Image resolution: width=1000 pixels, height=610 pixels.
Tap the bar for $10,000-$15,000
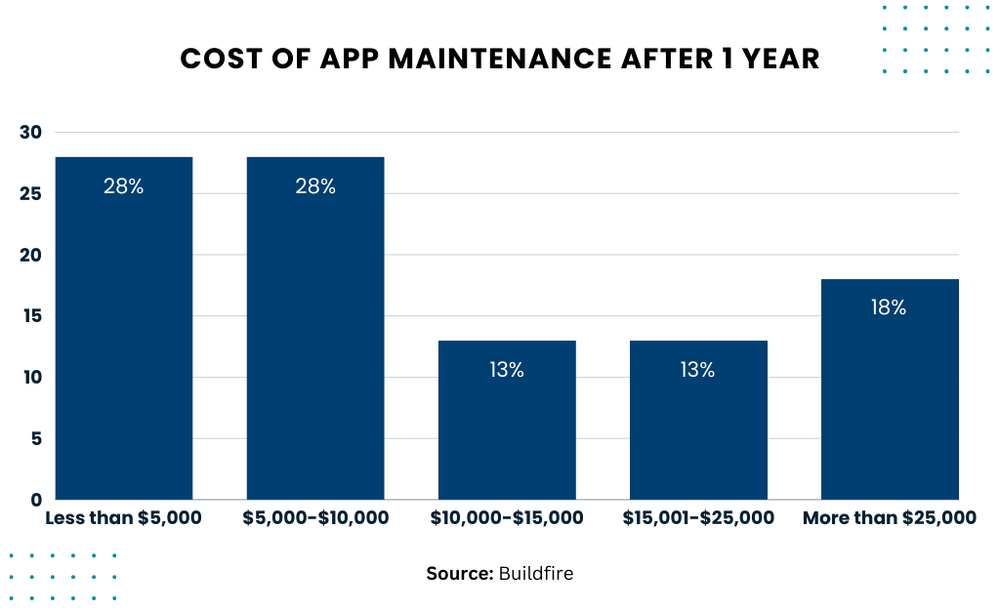pyautogui.click(x=507, y=420)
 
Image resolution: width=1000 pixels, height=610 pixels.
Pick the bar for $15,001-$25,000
pyautogui.click(x=698, y=420)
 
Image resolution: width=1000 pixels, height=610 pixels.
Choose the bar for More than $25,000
pyautogui.click(x=890, y=389)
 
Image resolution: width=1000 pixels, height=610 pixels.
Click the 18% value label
pyautogui.click(x=889, y=307)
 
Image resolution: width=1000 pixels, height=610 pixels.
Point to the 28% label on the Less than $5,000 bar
pyautogui.click(x=124, y=186)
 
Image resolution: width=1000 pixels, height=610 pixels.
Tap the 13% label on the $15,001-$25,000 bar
pyautogui.click(x=698, y=370)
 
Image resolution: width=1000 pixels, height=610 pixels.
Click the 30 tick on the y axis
pyautogui.click(x=31, y=133)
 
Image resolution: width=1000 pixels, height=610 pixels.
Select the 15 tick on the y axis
pyautogui.click(x=31, y=316)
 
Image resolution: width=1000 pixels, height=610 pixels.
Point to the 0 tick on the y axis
pyautogui.click(x=36, y=500)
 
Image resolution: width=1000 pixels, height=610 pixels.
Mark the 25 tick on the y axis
pyautogui.click(x=31, y=194)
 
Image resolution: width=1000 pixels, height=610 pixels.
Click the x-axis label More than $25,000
pyautogui.click(x=889, y=518)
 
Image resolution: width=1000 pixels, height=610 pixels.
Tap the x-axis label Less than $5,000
pyautogui.click(x=124, y=518)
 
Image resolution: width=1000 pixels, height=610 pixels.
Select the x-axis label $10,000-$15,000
pyautogui.click(x=507, y=518)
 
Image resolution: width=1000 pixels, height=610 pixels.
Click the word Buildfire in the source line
pyautogui.click(x=536, y=574)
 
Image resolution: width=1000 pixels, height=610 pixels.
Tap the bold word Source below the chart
pyautogui.click(x=459, y=574)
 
